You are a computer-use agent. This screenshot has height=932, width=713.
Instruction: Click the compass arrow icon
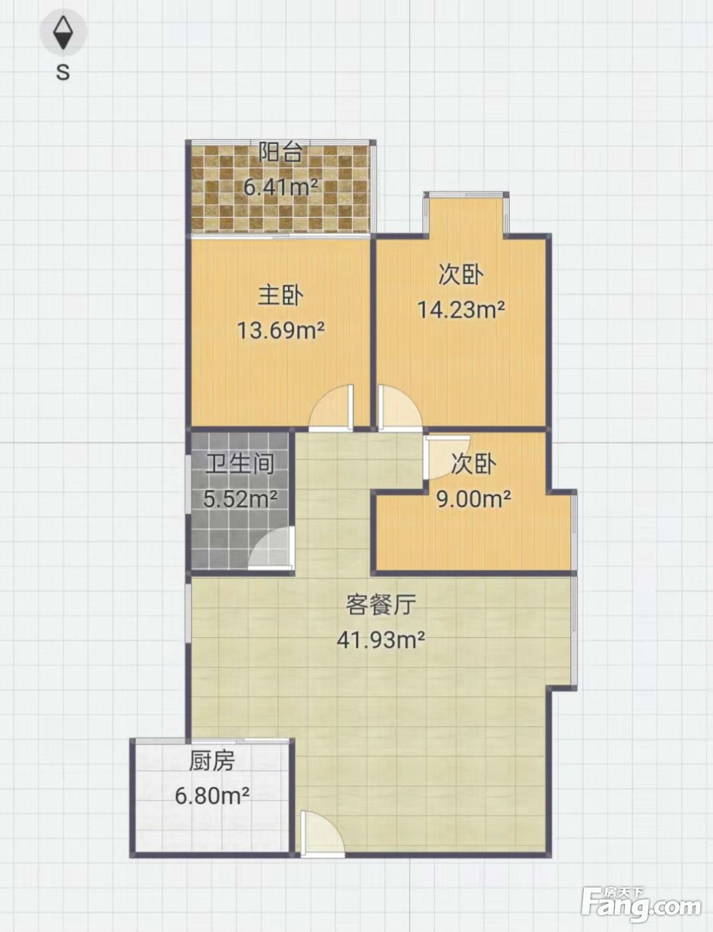pos(63,33)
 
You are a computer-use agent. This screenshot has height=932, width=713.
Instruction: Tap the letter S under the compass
pos(63,73)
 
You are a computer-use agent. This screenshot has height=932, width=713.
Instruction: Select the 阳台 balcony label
pos(281,152)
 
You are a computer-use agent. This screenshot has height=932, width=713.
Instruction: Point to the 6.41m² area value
pos(281,186)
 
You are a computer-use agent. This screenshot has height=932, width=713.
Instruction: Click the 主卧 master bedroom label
pos(281,296)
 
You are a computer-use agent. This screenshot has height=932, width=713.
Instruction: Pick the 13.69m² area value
pos(281,330)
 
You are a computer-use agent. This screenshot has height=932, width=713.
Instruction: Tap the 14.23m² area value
pos(462,310)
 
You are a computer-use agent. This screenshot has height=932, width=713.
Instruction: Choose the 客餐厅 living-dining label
pos(380,604)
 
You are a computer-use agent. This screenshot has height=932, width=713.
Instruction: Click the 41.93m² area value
pos(380,640)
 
